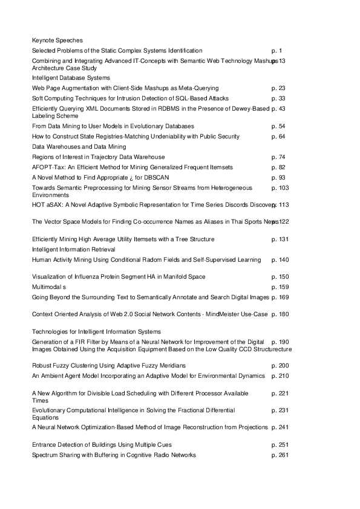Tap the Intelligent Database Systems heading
tap(71, 77)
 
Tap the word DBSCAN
tap(155, 177)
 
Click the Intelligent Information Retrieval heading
tap(73, 249)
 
